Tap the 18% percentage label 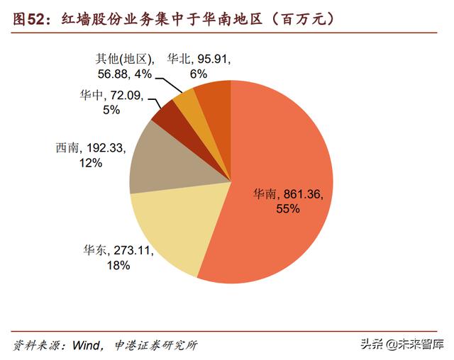tap(118, 265)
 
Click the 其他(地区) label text tap(120, 59)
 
